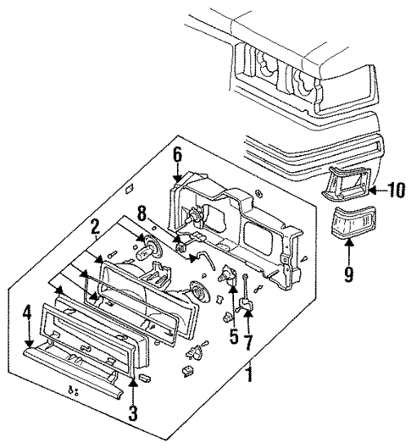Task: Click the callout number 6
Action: point(177,157)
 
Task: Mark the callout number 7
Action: point(248,342)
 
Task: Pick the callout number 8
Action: point(142,213)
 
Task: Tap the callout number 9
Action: point(348,274)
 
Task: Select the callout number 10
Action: point(396,190)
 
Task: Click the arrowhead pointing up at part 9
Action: point(349,242)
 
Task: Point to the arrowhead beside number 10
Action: point(372,191)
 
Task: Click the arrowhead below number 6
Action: point(177,179)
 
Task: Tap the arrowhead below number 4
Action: point(29,344)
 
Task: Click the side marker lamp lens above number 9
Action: point(353,221)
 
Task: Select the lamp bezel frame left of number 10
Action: point(346,183)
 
